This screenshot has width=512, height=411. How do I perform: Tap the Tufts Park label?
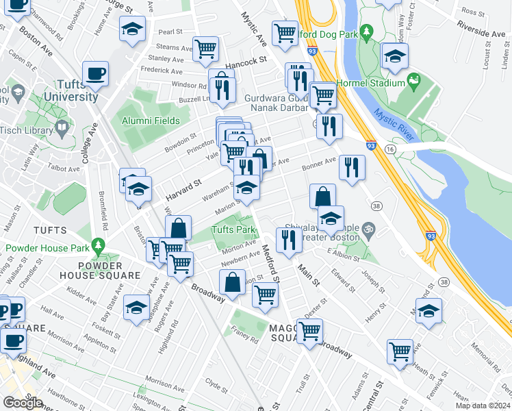pyautogui.click(x=233, y=230)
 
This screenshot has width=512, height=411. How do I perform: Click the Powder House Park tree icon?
pyautogui.click(x=99, y=245)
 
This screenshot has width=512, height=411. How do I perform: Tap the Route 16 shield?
pyautogui.click(x=389, y=148)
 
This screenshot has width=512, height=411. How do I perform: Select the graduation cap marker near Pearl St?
pyautogui.click(x=132, y=28)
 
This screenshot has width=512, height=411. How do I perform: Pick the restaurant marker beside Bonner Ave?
pyautogui.click(x=352, y=166)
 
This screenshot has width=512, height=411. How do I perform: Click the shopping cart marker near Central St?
pyautogui.click(x=400, y=351)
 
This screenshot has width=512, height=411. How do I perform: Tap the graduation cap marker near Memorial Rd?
pyautogui.click(x=428, y=311)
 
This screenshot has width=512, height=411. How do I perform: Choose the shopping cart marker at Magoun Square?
pyautogui.click(x=310, y=330)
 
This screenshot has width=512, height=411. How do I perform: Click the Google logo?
pyautogui.click(x=23, y=403)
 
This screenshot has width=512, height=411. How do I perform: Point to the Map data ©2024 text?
pyautogui.click(x=483, y=406)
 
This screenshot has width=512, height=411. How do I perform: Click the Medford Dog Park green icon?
pyautogui.click(x=367, y=32)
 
